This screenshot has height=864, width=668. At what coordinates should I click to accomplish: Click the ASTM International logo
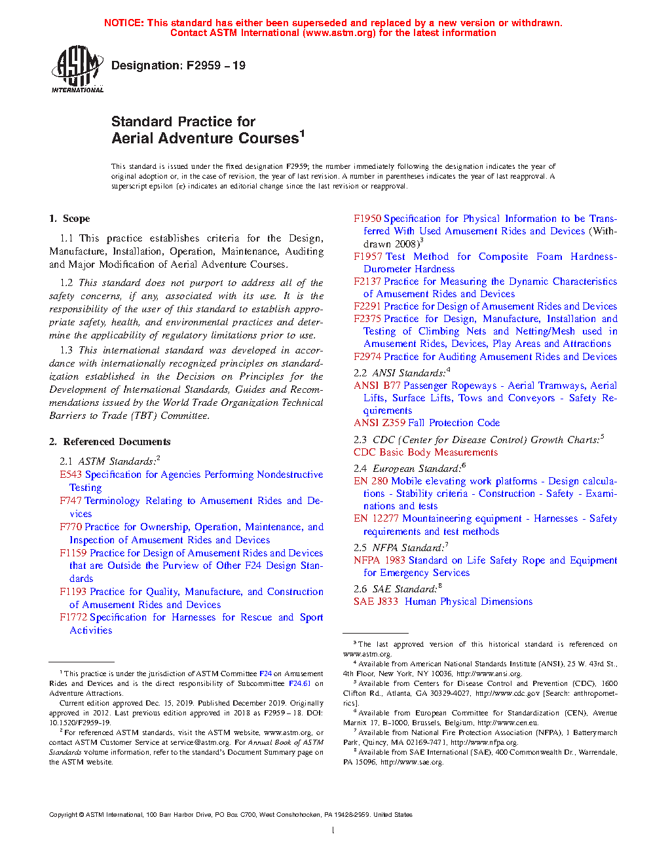(x=77, y=69)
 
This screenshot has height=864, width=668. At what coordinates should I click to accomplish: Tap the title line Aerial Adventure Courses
(x=205, y=138)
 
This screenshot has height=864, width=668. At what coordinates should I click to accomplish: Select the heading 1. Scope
(x=69, y=219)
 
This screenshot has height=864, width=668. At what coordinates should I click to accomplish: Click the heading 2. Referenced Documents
(x=109, y=442)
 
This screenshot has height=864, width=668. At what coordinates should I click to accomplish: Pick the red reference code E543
(x=71, y=475)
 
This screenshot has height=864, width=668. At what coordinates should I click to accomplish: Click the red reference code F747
(x=71, y=501)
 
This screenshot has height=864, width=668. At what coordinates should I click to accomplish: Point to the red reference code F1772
(x=73, y=617)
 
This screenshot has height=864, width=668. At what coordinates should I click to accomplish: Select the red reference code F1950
(x=367, y=219)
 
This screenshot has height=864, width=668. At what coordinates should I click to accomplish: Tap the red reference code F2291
(x=367, y=306)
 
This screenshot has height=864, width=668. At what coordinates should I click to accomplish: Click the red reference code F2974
(x=367, y=357)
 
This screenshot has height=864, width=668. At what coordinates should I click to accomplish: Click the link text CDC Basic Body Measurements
(x=426, y=452)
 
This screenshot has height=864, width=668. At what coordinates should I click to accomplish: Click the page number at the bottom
(x=333, y=831)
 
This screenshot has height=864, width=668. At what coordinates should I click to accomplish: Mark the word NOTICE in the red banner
(x=124, y=23)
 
